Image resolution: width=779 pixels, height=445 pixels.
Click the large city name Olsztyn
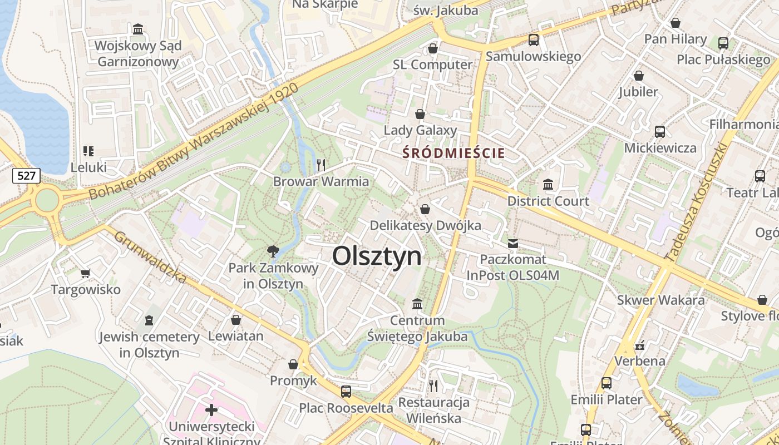(377, 256)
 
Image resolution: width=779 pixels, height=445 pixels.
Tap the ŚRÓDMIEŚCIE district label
(454, 153)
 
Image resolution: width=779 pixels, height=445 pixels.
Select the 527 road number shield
(26, 176)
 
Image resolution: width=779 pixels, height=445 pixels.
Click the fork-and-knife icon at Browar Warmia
(321, 165)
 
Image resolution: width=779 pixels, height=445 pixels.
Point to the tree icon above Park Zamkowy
(273, 251)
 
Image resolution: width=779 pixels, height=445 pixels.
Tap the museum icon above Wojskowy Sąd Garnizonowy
(138, 28)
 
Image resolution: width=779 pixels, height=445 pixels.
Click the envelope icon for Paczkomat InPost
(512, 243)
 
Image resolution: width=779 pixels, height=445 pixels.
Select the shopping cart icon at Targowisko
(86, 273)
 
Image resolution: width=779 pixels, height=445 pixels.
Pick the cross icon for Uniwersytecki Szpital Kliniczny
(211, 410)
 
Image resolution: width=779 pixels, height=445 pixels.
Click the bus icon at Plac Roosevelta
(346, 391)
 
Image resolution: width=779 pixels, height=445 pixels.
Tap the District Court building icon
(548, 184)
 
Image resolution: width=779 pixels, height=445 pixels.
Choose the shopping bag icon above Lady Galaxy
(420, 114)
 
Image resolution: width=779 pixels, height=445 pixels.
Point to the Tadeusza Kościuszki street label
(696, 202)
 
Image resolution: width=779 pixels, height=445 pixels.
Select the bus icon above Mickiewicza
(660, 132)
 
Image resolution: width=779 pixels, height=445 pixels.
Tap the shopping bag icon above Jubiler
(639, 75)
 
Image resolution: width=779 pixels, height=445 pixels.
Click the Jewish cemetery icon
(149, 320)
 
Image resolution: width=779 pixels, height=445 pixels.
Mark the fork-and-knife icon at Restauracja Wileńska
(433, 385)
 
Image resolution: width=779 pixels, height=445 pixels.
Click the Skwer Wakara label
(660, 300)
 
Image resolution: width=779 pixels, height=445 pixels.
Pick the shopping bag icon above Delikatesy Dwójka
(425, 209)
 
